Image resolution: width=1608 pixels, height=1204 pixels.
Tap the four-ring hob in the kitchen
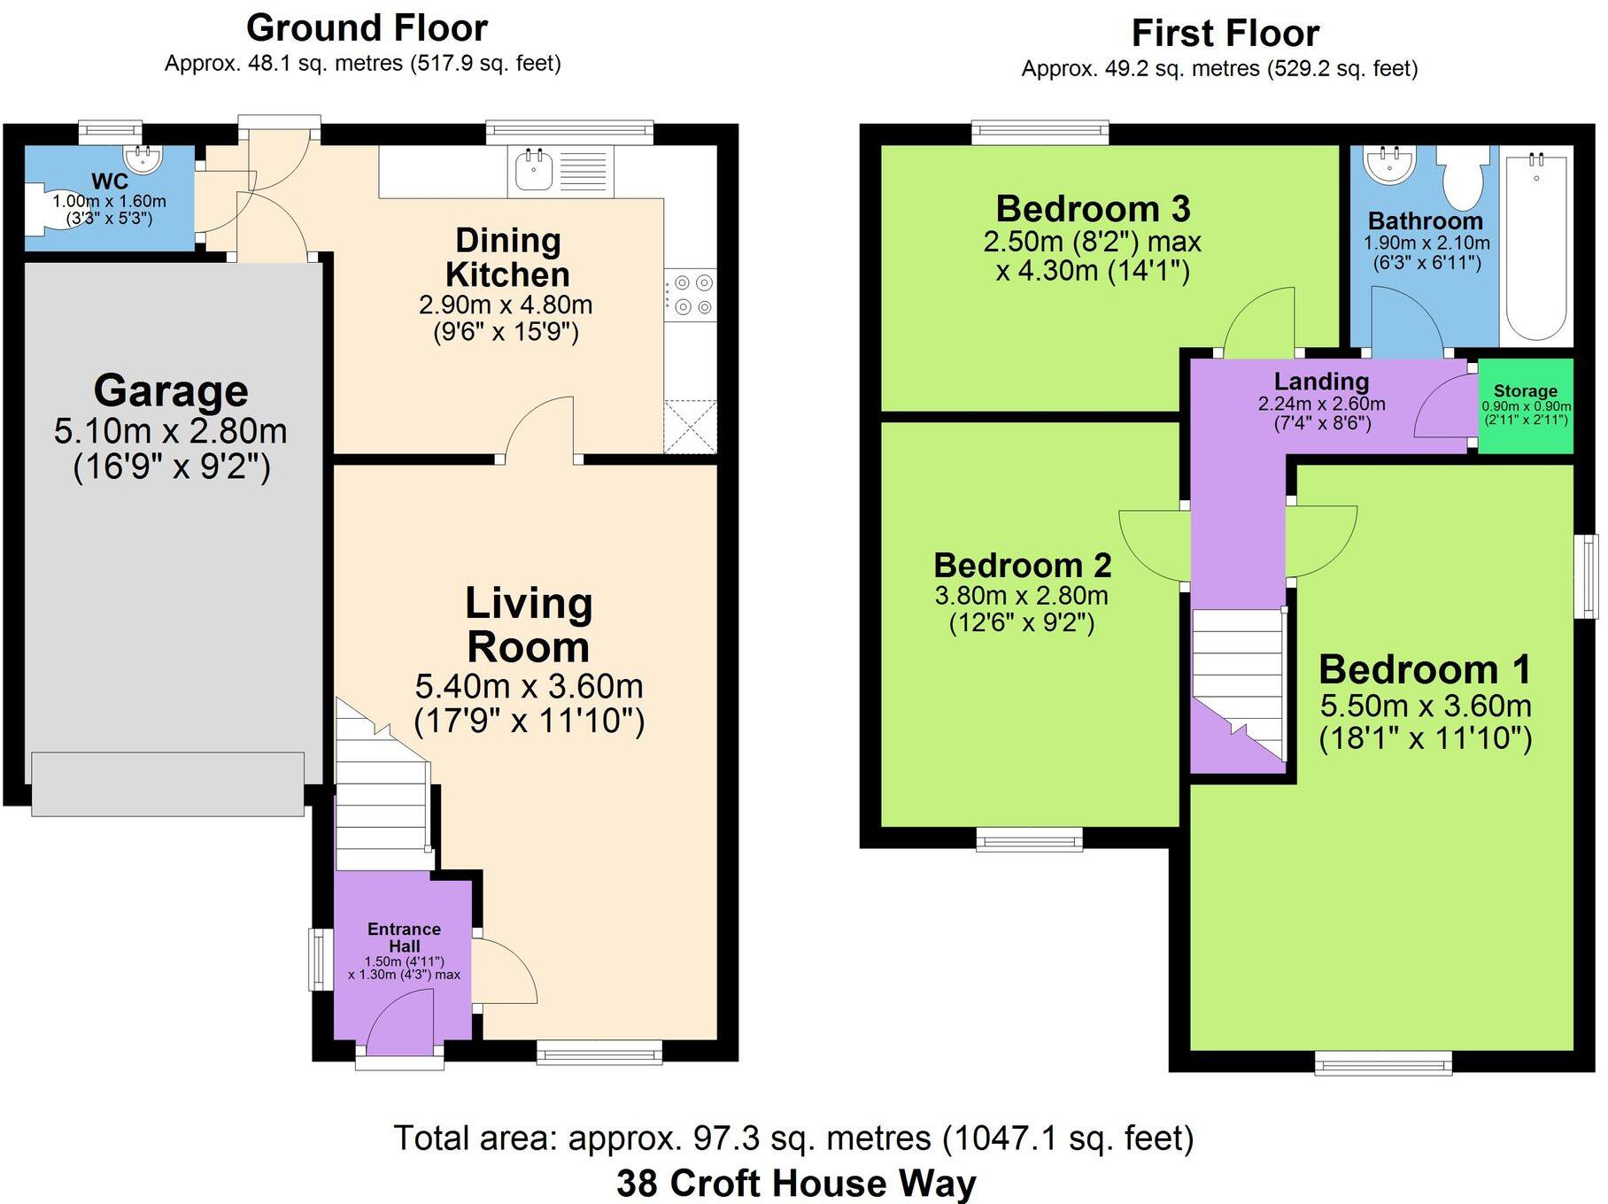click(x=692, y=295)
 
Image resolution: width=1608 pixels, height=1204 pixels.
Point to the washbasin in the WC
click(x=143, y=160)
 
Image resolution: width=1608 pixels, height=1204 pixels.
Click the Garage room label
click(x=171, y=391)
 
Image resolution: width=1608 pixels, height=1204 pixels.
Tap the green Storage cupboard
click(x=1525, y=405)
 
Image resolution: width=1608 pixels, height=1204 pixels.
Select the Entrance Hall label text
click(x=404, y=938)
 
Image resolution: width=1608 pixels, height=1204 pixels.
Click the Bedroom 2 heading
click(x=1022, y=565)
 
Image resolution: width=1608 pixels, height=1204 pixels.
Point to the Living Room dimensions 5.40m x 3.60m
click(x=529, y=687)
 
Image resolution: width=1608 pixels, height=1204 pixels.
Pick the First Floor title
click(x=1225, y=34)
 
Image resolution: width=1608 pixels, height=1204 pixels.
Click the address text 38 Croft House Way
click(x=795, y=1183)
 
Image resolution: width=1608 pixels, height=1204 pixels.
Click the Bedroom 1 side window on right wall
click(x=1591, y=575)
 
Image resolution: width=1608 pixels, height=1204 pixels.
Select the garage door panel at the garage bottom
click(x=168, y=783)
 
